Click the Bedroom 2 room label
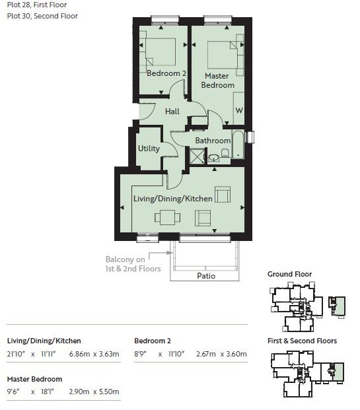pyautogui.click(x=166, y=73)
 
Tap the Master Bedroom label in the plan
pyautogui.click(x=217, y=81)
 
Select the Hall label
pyautogui.click(x=172, y=112)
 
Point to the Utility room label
pyautogui.click(x=149, y=149)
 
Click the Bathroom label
pyautogui.click(x=212, y=141)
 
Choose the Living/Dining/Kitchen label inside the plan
pyautogui.click(x=173, y=199)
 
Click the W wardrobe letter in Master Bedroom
pyautogui.click(x=238, y=110)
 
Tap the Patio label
pyautogui.click(x=207, y=276)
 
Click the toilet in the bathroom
pyautogui.click(x=225, y=154)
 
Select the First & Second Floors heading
pyautogui.click(x=302, y=341)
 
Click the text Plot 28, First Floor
pyautogui.click(x=37, y=5)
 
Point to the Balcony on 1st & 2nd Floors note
pyautogui.click(x=133, y=264)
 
